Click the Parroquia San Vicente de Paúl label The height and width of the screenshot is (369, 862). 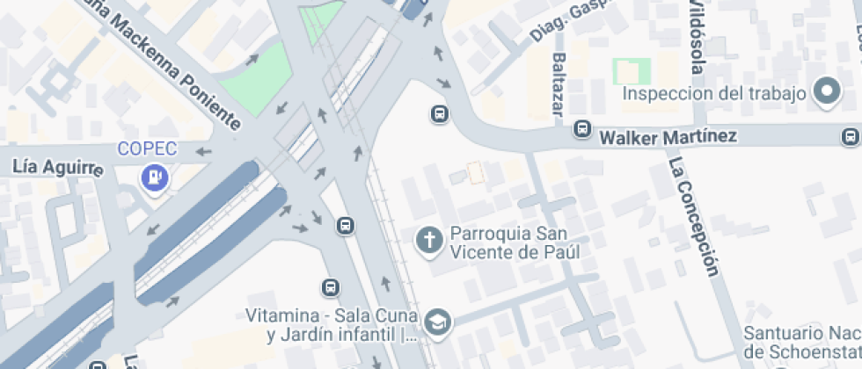tap(515, 242)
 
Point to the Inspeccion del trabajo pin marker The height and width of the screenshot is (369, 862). tap(828, 92)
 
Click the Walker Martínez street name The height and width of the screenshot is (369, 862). tap(668, 137)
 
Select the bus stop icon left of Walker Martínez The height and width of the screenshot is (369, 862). tap(581, 129)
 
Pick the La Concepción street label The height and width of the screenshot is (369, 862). tap(691, 216)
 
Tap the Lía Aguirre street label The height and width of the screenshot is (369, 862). tap(58, 167)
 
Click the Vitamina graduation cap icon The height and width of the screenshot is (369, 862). tap(437, 322)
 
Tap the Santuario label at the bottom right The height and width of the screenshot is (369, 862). tap(800, 342)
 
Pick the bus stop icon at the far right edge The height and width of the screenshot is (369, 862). tap(851, 137)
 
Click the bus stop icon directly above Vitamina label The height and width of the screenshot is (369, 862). tap(330, 287)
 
